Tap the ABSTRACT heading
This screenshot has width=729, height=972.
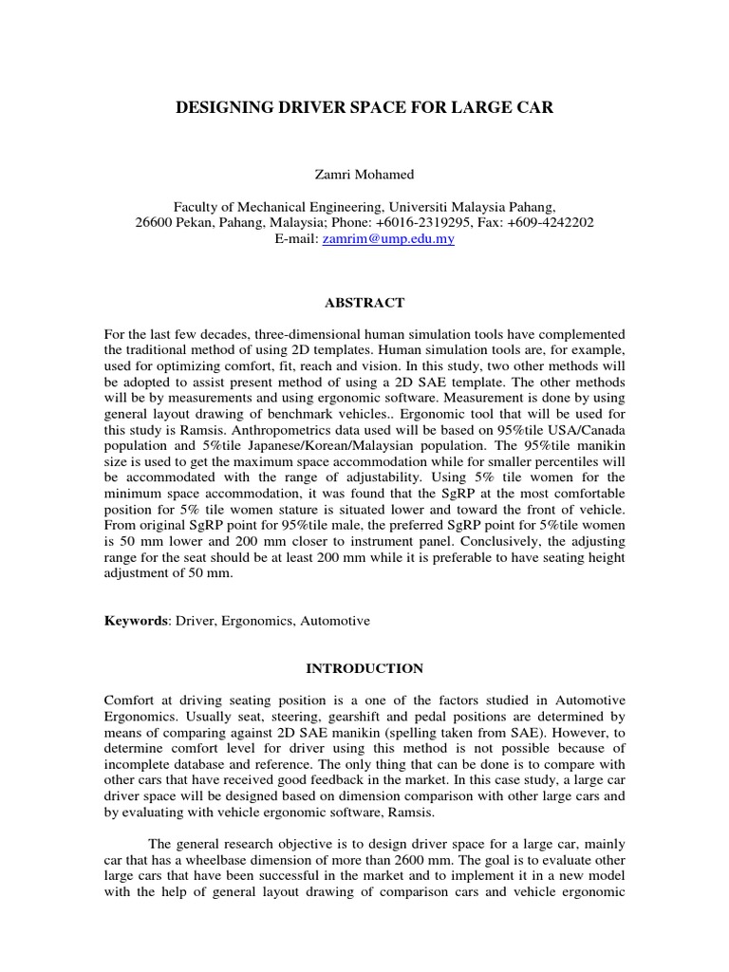coord(364,303)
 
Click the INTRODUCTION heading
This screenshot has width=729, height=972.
coord(364,668)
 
